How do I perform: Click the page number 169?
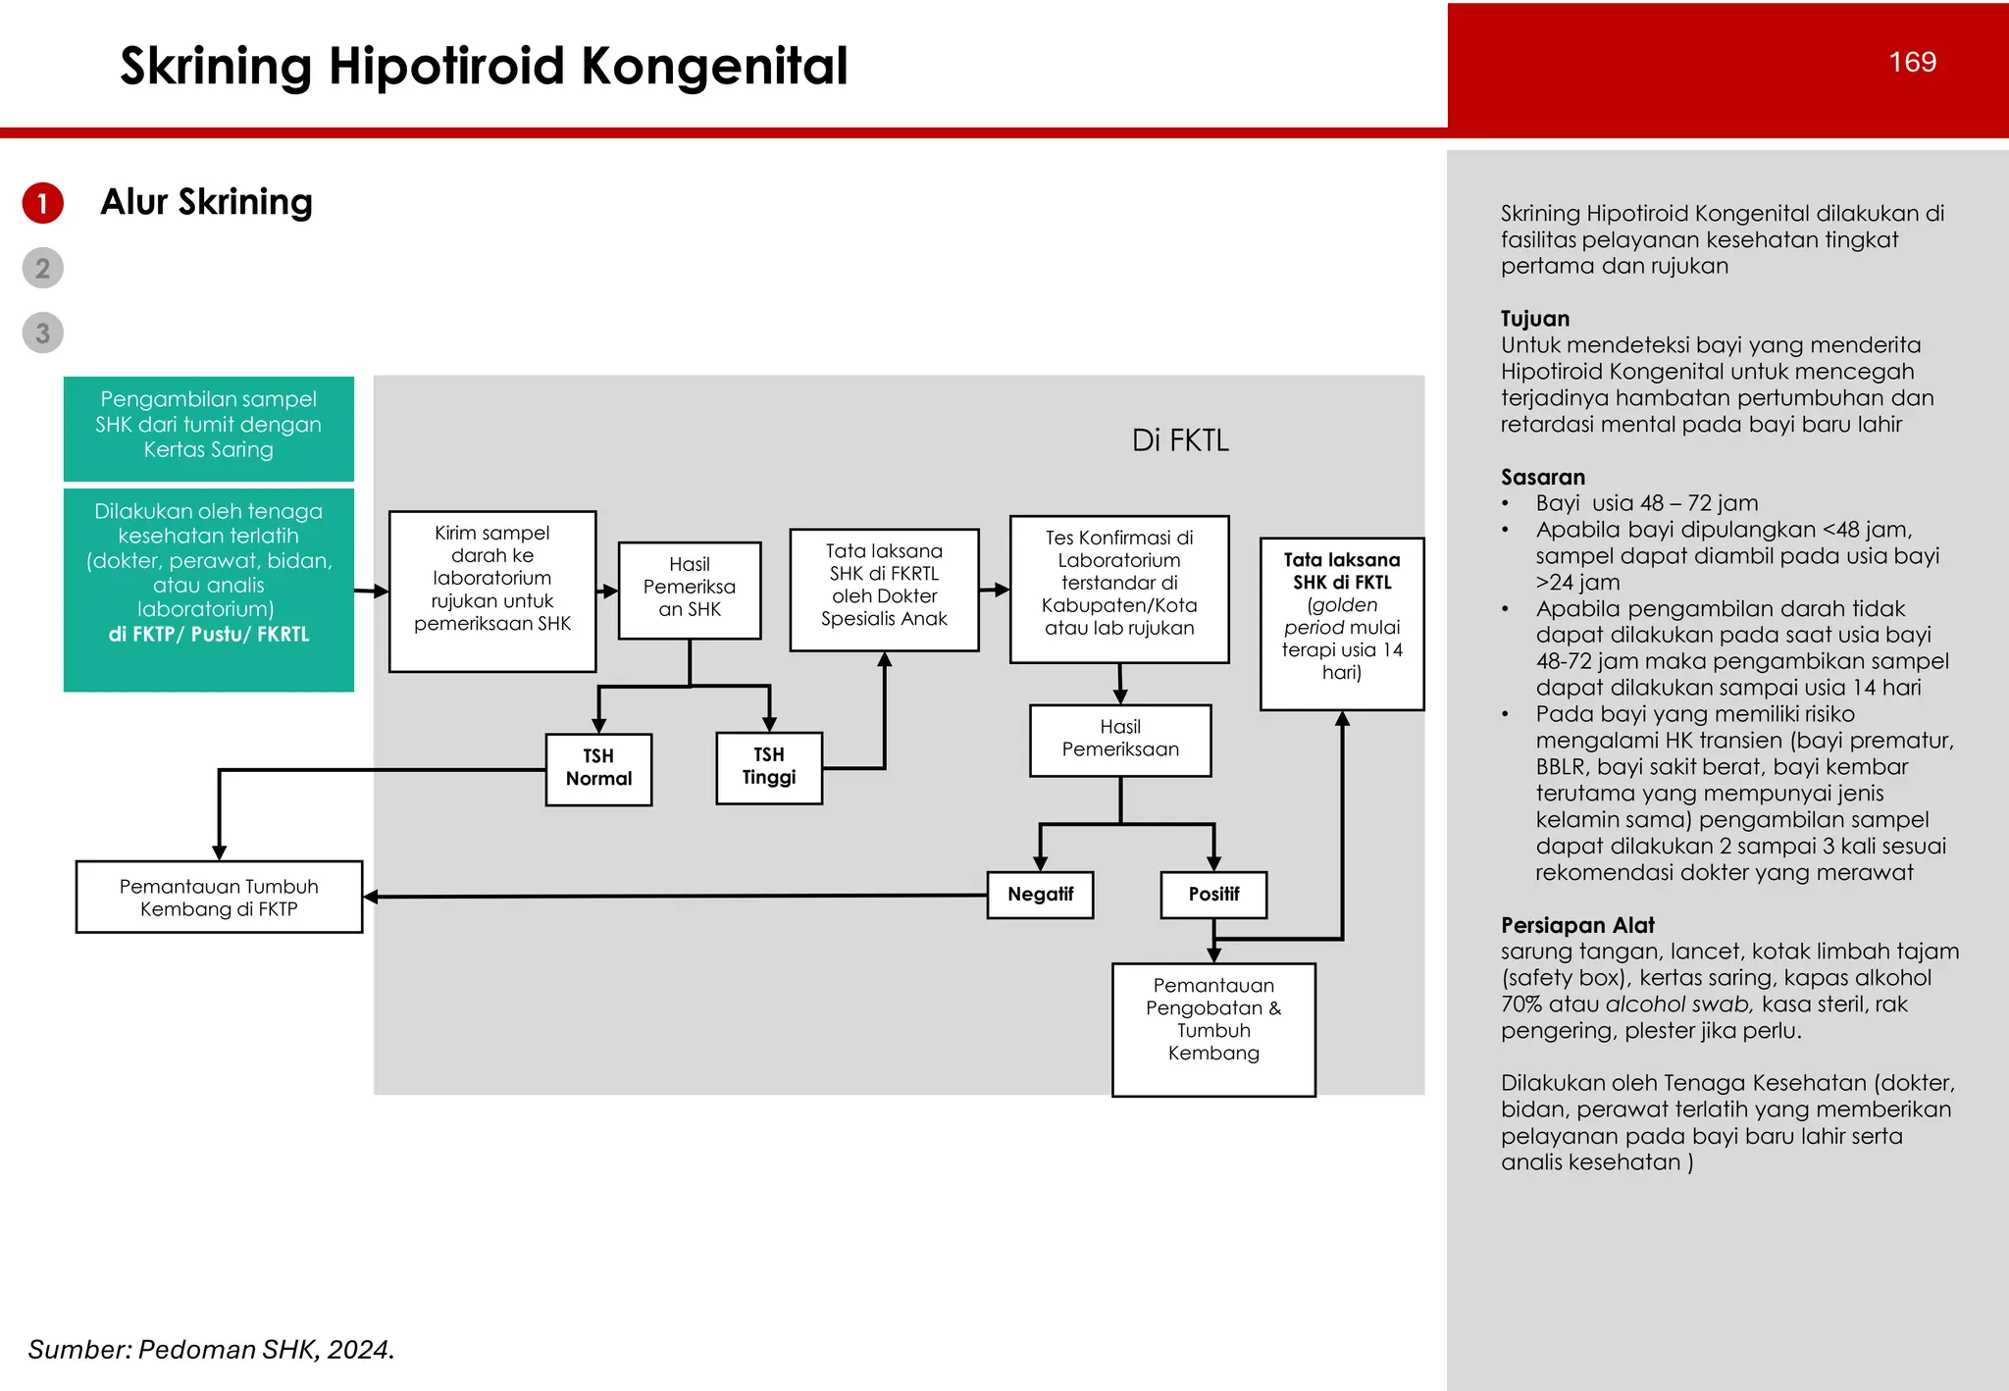[x=1912, y=62]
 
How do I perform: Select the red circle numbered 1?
[x=43, y=203]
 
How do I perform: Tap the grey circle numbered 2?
[x=43, y=268]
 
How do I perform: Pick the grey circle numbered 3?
[x=43, y=334]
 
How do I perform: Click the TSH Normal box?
[x=598, y=769]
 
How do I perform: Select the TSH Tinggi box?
[x=769, y=768]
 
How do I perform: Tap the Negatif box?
[x=1040, y=895]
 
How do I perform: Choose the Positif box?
[x=1213, y=895]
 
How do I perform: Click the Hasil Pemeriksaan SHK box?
[x=690, y=589]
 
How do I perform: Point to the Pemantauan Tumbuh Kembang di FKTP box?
[x=219, y=897]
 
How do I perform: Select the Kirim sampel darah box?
[x=492, y=591]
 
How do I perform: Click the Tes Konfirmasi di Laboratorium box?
[x=1119, y=589]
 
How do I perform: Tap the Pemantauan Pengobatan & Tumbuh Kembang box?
[x=1213, y=1028]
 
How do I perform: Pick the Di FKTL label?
[x=1180, y=440]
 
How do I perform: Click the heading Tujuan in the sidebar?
[x=1535, y=319]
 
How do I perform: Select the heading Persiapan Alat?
[x=1577, y=925]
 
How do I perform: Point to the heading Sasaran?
[x=1543, y=478]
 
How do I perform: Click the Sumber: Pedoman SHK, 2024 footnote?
[x=211, y=1350]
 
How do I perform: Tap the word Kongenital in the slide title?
[x=714, y=67]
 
